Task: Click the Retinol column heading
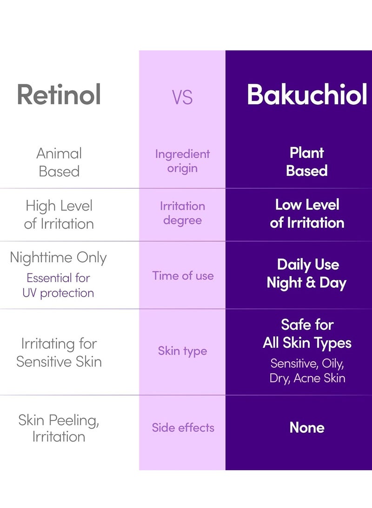tap(59, 95)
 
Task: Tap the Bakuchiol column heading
tap(307, 95)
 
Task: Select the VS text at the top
tap(182, 97)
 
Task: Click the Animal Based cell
tap(59, 162)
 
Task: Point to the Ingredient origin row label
tap(182, 161)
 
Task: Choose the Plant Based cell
tap(307, 162)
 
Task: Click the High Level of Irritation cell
tap(59, 214)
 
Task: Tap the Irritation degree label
tap(182, 213)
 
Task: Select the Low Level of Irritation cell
tap(307, 213)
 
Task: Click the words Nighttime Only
tap(59, 257)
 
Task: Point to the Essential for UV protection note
tap(59, 285)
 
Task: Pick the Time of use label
tap(183, 275)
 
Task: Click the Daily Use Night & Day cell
tap(307, 274)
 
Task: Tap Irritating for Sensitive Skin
tap(59, 352)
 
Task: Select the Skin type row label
tap(182, 351)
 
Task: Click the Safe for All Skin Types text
tap(307, 334)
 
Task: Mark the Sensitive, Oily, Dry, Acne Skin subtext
tap(307, 370)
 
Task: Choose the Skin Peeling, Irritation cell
tap(59, 428)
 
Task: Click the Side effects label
tap(183, 427)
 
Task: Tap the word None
tap(307, 427)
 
